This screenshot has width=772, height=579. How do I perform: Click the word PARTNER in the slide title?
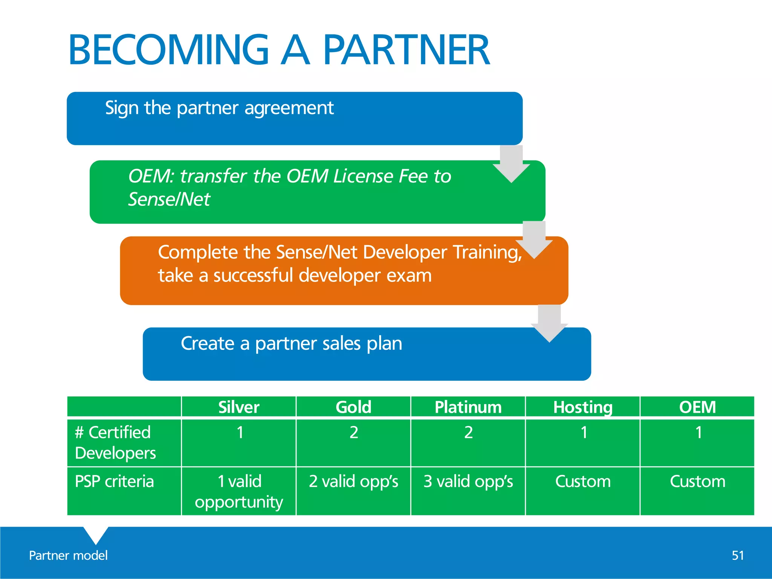click(x=406, y=50)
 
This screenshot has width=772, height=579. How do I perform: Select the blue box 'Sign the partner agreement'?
click(x=294, y=118)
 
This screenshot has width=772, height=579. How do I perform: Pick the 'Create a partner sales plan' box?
click(x=366, y=354)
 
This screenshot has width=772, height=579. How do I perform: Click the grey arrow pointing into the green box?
click(x=511, y=165)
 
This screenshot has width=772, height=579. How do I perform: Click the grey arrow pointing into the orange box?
click(x=534, y=241)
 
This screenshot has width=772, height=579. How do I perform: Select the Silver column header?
click(x=239, y=407)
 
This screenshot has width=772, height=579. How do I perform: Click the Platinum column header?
click(x=468, y=407)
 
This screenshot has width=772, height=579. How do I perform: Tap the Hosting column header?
click(x=582, y=407)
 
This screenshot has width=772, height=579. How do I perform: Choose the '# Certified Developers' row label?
click(x=115, y=442)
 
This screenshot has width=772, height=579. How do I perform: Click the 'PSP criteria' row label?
click(x=114, y=481)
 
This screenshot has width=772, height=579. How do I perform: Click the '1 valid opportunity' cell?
click(x=239, y=491)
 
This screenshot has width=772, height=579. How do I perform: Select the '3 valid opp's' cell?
click(x=468, y=481)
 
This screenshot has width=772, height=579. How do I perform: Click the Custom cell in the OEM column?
click(x=697, y=481)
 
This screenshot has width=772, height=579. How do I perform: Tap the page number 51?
click(x=738, y=555)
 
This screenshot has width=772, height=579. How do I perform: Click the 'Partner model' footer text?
click(x=68, y=555)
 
